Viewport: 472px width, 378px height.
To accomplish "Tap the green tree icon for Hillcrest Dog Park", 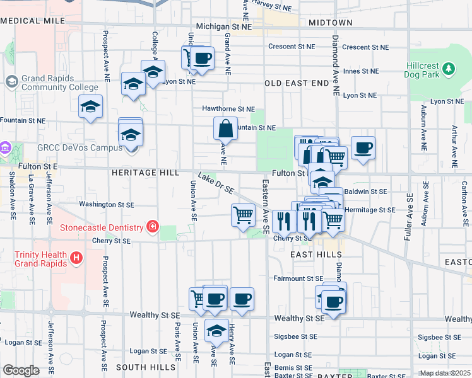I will click(449, 67).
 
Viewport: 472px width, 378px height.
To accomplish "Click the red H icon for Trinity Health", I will click(76, 258).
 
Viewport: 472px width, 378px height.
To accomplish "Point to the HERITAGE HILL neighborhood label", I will click(142, 172).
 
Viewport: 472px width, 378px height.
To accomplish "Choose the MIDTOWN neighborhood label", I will click(331, 23).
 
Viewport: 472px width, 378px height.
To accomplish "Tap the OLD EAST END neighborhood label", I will click(297, 83).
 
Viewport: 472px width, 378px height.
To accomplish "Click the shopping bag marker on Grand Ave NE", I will click(225, 129).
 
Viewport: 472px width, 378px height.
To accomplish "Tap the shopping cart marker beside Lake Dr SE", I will click(243, 215).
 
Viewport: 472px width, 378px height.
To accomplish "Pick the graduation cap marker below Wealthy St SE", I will click(216, 329).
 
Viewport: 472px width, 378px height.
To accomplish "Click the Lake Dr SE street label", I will click(216, 183).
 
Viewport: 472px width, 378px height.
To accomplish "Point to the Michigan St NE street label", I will click(223, 27).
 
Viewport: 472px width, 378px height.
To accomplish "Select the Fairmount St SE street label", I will click(298, 278).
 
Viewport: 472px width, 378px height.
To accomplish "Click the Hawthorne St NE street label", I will click(228, 108).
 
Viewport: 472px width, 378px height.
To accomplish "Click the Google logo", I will click(21, 370).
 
